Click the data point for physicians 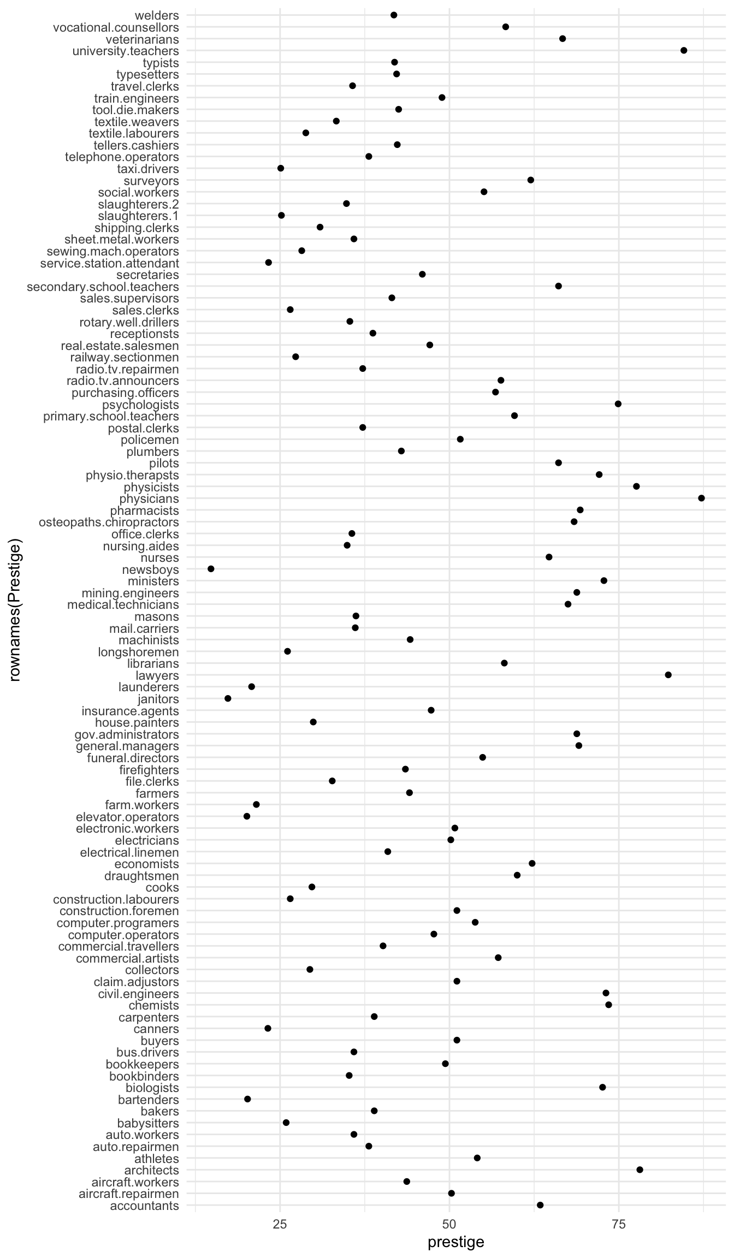click(x=701, y=498)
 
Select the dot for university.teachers click(x=684, y=50)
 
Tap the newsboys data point click(x=211, y=569)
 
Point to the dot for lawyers click(x=668, y=675)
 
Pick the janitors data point click(x=228, y=698)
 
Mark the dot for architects click(x=640, y=1170)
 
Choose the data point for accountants click(x=540, y=1205)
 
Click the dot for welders click(x=394, y=15)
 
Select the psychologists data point click(x=618, y=403)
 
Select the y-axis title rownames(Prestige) click(x=15, y=610)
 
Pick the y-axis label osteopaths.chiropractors click(x=109, y=523)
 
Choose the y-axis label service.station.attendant click(x=110, y=263)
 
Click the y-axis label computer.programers click(x=118, y=923)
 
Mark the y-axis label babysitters click(x=148, y=1123)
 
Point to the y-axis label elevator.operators click(x=127, y=817)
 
